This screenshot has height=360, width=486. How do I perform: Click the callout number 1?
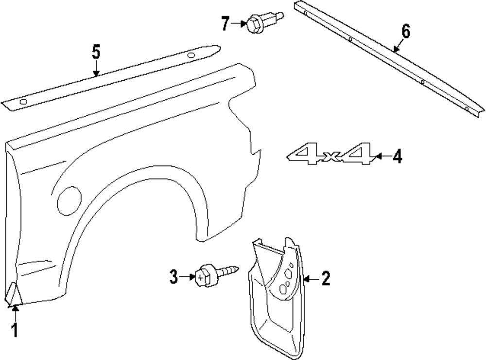pyautogui.click(x=15, y=330)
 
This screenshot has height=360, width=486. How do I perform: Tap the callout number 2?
pyautogui.click(x=325, y=279)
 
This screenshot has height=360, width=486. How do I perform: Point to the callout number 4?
pyautogui.click(x=397, y=157)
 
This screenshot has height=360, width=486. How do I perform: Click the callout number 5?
pyautogui.click(x=96, y=51)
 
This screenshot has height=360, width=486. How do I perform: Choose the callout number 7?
pyautogui.click(x=226, y=23)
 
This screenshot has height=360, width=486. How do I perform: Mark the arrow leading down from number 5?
pyautogui.click(x=96, y=68)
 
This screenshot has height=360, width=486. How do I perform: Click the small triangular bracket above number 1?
pyautogui.click(x=13, y=293)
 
